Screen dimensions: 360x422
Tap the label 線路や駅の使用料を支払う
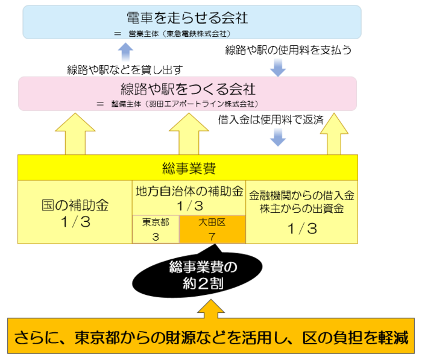(288, 49)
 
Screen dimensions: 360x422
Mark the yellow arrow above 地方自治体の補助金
(187, 134)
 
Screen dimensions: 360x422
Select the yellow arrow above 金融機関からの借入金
(330, 133)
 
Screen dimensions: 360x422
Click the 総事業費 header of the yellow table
(187, 168)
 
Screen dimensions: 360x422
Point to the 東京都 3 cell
(156, 229)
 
